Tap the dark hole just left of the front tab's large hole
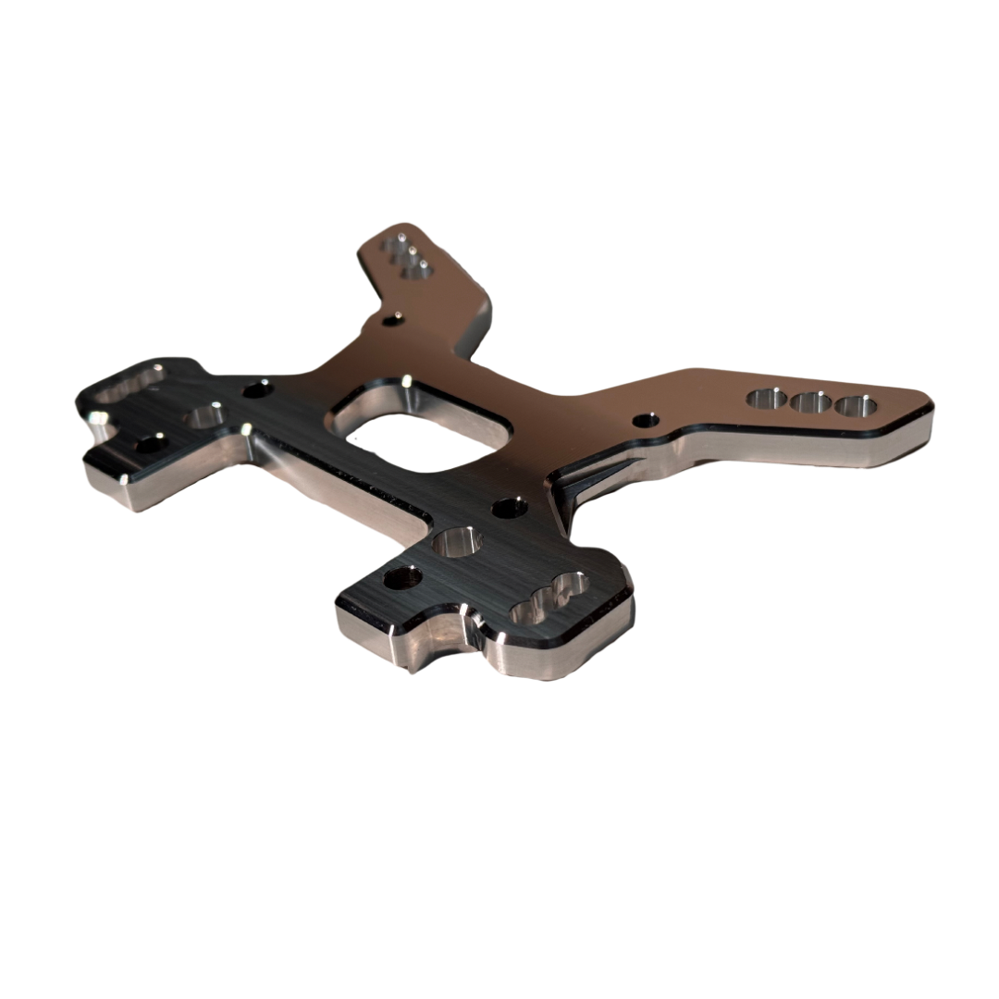click(x=402, y=578)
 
